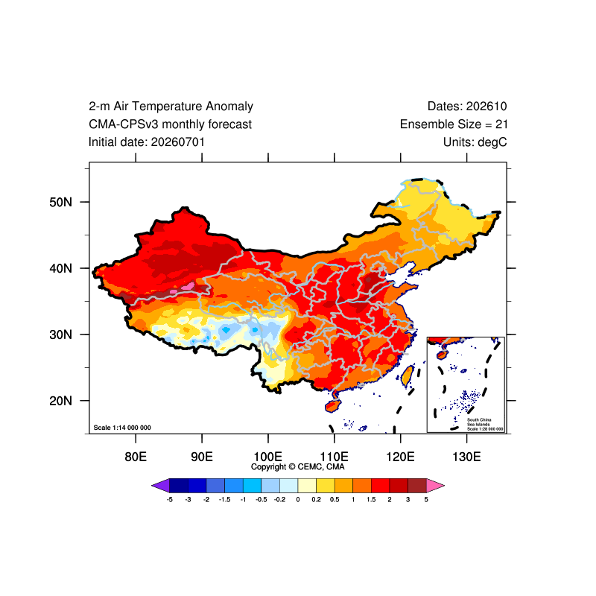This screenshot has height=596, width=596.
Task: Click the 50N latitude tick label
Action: coord(60,202)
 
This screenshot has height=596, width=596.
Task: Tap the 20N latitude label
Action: coord(60,401)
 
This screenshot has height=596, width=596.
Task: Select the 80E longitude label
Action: coord(136,457)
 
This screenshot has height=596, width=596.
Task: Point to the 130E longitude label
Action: coord(466,457)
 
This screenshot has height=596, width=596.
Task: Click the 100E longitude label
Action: coord(268,457)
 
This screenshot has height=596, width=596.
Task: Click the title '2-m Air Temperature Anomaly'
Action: coord(171,107)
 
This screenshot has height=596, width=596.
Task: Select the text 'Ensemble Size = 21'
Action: coord(454,124)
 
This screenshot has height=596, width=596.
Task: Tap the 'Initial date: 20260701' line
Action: coord(146,142)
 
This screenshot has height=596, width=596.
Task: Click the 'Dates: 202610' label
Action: coord(467,107)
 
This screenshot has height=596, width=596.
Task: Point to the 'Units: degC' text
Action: coord(475,142)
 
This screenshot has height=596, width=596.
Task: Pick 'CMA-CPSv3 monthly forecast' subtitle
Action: coord(170,124)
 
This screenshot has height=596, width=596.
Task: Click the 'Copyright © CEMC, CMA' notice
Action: coord(297,467)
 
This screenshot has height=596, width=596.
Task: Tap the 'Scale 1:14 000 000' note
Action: coord(122,428)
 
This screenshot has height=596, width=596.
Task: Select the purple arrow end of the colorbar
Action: coord(160,486)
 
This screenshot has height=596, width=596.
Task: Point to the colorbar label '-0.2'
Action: coord(279,499)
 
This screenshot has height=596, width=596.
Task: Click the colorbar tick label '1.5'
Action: coord(371,499)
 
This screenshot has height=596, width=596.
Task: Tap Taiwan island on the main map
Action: coord(407,375)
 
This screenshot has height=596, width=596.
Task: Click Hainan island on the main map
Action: coord(332,406)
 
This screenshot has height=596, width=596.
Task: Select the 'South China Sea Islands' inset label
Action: coord(479,422)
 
